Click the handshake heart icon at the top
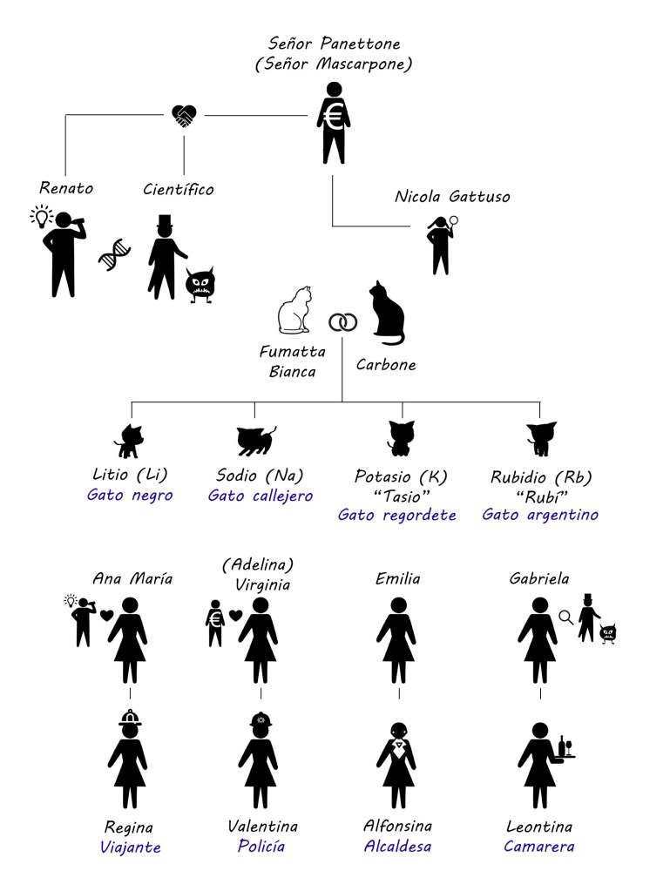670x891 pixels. coord(184,116)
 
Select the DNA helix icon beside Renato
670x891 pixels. coord(114,254)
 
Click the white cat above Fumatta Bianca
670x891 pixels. coord(294,311)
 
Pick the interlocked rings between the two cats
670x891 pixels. coord(342,322)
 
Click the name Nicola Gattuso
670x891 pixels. coord(452,197)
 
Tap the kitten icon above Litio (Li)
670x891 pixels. coord(128,440)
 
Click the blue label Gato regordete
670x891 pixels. coord(397,515)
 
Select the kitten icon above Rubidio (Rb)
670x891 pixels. coord(540,438)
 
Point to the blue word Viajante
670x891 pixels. coord(127,847)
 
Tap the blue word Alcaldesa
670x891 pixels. coord(398,846)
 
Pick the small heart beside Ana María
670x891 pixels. coord(106,615)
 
